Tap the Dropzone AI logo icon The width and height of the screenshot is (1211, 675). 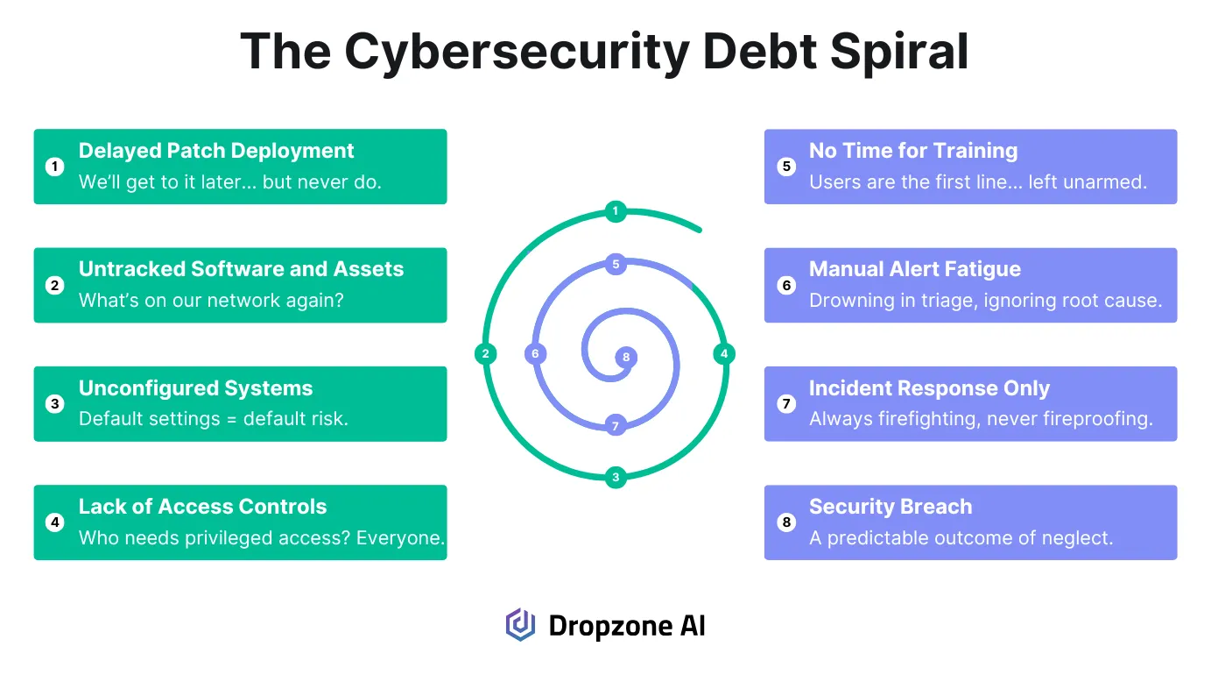[x=520, y=625]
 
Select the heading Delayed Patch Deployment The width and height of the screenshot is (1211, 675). [x=216, y=151]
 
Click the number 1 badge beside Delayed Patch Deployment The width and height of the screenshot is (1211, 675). [x=55, y=167]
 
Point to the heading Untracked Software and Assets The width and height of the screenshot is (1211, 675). [x=241, y=269]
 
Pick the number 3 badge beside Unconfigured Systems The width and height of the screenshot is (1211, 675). [x=55, y=404]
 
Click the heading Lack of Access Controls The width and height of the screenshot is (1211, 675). [x=202, y=507]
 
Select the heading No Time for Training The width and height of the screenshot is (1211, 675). [x=913, y=151]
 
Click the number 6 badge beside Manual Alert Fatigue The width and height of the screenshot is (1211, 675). [x=786, y=285]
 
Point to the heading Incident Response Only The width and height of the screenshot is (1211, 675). [x=929, y=388]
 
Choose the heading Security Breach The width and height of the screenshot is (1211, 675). [x=891, y=507]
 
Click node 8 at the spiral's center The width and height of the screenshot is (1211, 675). [x=625, y=358]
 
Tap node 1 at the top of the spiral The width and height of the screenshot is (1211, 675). [x=616, y=210]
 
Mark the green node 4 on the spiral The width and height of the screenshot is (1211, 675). [x=723, y=354]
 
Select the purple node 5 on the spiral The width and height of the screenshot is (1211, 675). [x=616, y=264]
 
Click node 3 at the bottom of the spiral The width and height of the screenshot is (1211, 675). [x=616, y=478]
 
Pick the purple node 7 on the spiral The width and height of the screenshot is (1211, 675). [x=616, y=426]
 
